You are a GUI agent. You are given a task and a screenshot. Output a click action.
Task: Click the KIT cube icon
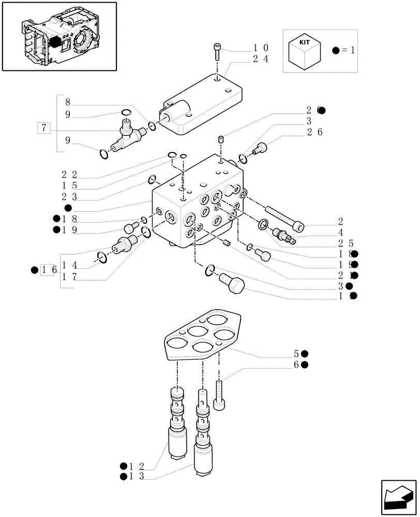[x=304, y=51]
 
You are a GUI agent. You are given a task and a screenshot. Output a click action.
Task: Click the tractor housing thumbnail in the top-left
[x=59, y=36]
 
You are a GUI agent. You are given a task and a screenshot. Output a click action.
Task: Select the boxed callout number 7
[x=44, y=127]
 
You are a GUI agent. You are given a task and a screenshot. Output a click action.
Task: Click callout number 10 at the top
[x=260, y=48]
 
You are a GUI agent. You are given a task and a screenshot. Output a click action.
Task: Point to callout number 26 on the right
[x=316, y=132]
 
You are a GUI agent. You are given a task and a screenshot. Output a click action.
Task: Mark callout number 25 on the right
[x=346, y=242]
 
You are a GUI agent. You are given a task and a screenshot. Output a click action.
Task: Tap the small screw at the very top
[x=217, y=52]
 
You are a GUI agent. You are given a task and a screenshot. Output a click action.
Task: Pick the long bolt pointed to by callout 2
[x=284, y=218]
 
